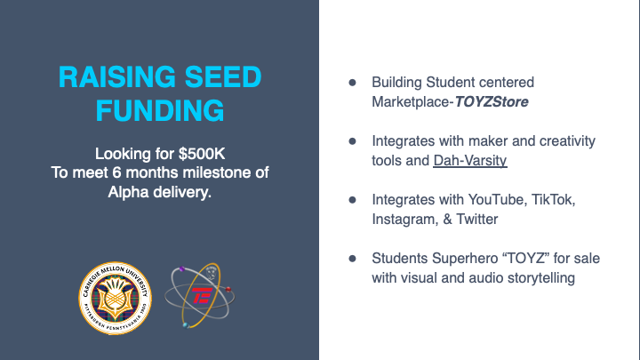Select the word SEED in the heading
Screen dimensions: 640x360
(223, 76)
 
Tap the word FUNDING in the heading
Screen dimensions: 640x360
(160, 110)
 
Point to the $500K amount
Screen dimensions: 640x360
(202, 154)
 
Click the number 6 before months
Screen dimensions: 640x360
(116, 172)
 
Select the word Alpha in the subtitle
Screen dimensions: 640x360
(128, 192)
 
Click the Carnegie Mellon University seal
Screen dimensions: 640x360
(115, 299)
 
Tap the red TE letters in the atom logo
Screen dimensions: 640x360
(203, 295)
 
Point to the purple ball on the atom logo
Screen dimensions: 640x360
(182, 269)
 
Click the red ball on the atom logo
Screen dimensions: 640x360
(228, 290)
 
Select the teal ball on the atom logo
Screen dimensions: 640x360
(186, 325)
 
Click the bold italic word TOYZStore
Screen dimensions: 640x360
(492, 101)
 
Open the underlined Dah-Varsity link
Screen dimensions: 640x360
(470, 160)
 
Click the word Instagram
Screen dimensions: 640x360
(405, 220)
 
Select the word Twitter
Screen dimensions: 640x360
(476, 220)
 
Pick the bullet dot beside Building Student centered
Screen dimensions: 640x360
(352, 83)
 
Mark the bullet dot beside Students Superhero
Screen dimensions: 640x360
(352, 259)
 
